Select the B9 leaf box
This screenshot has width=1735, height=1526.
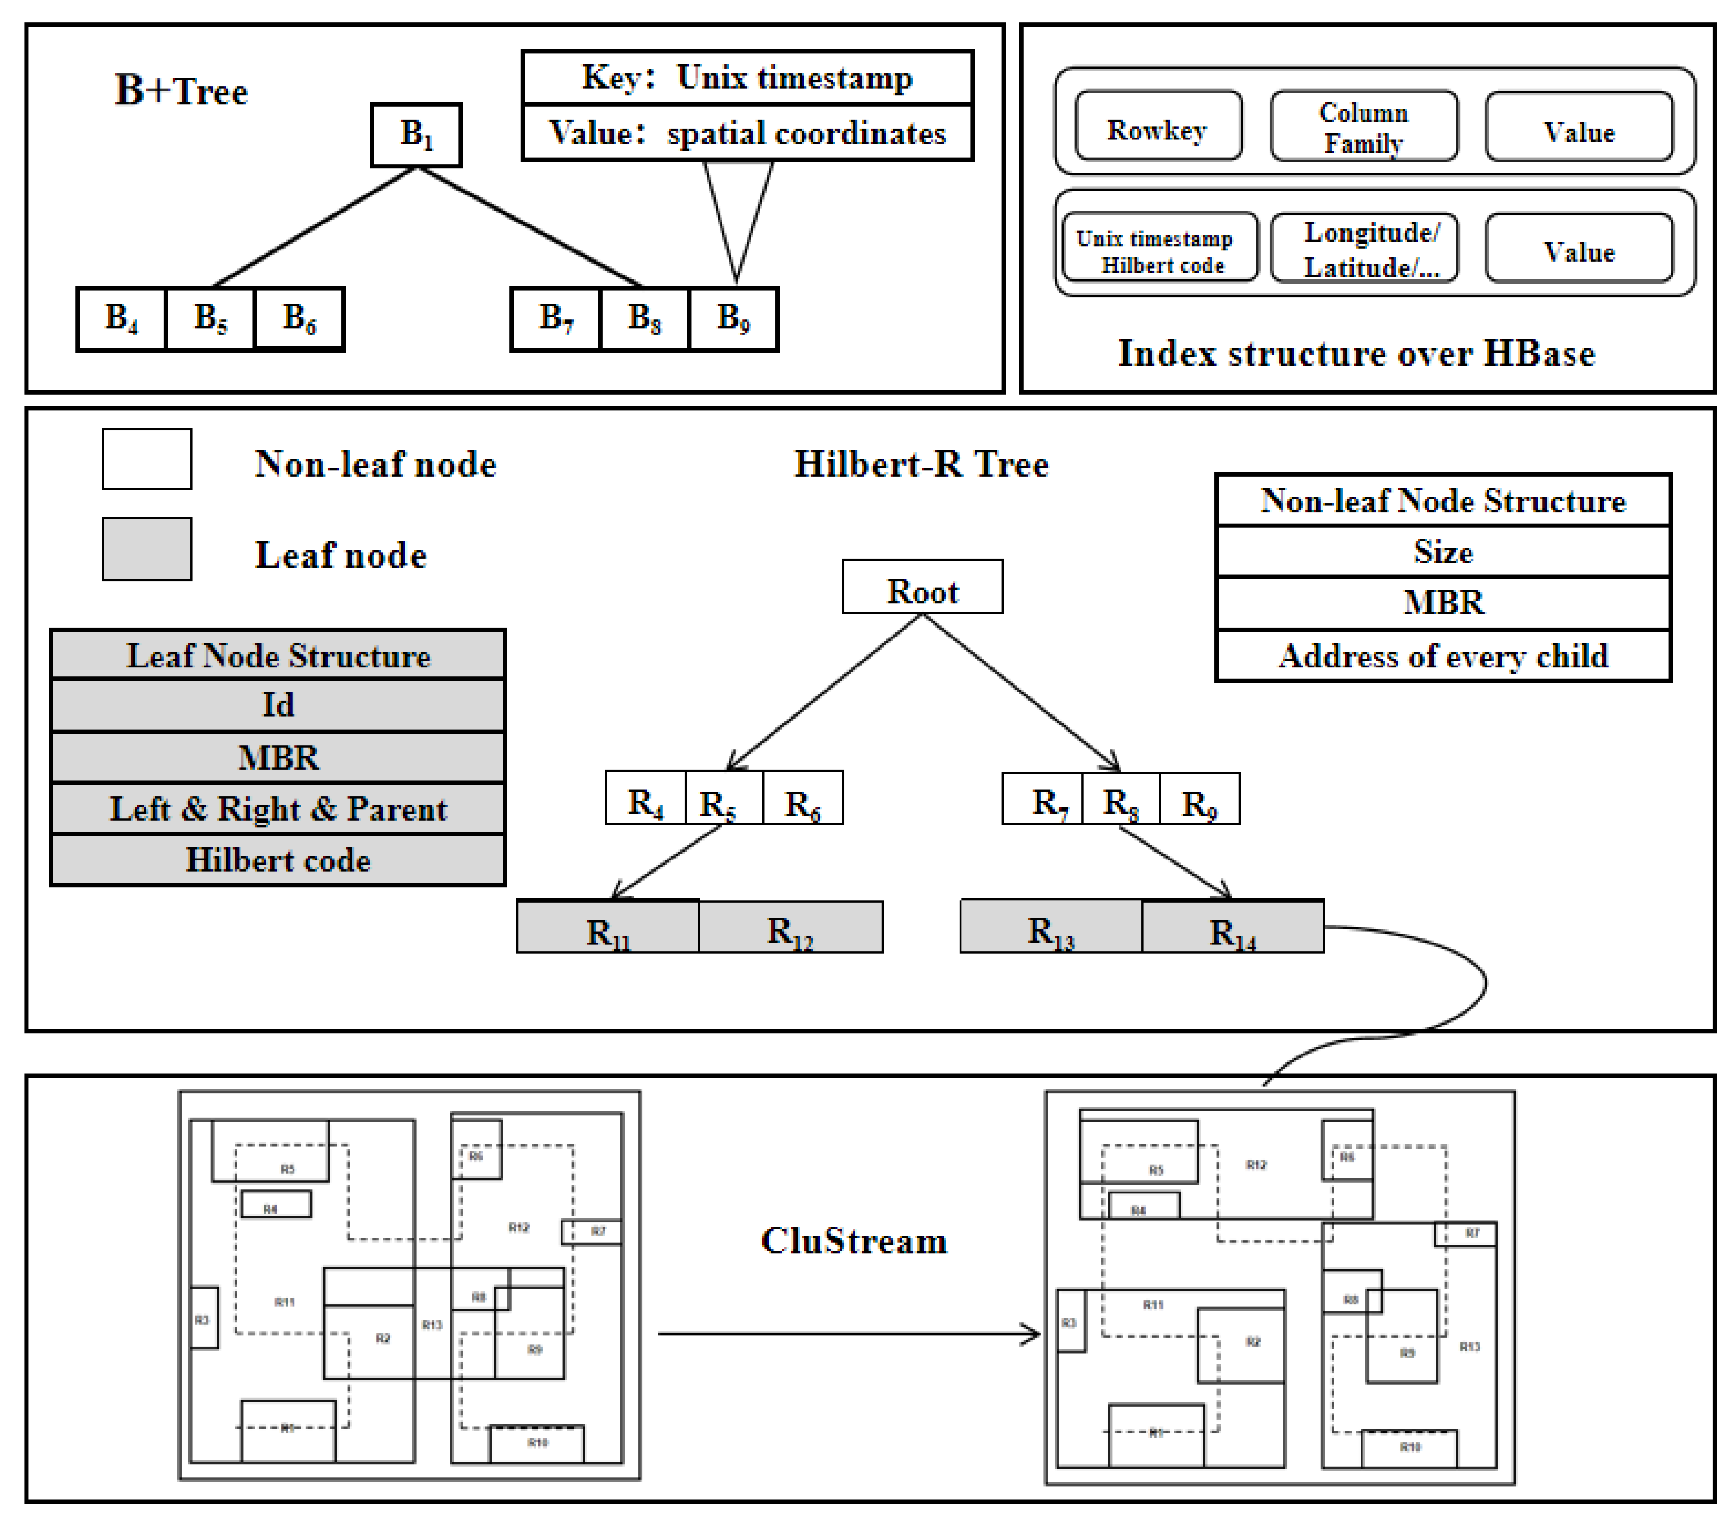733,319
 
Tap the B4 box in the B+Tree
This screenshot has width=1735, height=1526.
121,319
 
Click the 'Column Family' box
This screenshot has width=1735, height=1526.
1363,127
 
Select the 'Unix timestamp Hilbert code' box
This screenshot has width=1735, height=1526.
1159,247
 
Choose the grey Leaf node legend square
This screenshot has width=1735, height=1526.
147,550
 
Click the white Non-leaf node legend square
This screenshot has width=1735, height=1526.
147,459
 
